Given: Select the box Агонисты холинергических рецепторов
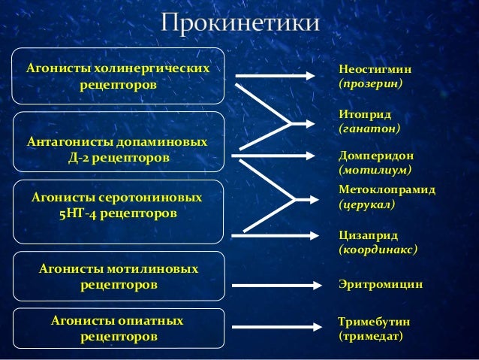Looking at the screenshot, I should (119, 77).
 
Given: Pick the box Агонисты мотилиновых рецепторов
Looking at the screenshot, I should (119, 277).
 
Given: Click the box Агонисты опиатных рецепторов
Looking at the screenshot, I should (119, 328).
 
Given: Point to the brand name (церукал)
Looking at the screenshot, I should (367, 204).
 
